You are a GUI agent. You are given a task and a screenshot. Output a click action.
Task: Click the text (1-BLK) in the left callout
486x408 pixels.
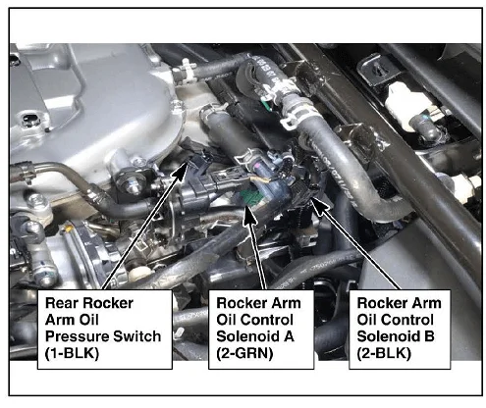pos(72,353)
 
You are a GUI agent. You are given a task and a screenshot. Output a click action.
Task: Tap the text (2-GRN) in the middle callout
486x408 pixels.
pos(244,353)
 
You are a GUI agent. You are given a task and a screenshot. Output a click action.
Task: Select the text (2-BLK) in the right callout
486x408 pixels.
pos(384,353)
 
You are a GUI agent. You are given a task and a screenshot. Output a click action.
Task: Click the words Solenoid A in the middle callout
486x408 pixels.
pos(255,336)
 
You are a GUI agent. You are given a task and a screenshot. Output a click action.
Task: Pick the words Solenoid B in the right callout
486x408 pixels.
pos(396,336)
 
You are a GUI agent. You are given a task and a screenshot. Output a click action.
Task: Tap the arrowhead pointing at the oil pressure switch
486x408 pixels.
pos(181,170)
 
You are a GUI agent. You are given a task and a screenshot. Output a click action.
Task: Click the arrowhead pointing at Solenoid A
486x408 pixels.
pos(249,217)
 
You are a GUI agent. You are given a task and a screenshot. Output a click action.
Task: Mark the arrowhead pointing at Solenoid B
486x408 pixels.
pos(320,205)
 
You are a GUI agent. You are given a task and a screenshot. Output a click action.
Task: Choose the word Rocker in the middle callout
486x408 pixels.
pos(239,303)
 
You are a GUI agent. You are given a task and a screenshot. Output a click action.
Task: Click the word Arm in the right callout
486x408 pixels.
pos(426,303)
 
